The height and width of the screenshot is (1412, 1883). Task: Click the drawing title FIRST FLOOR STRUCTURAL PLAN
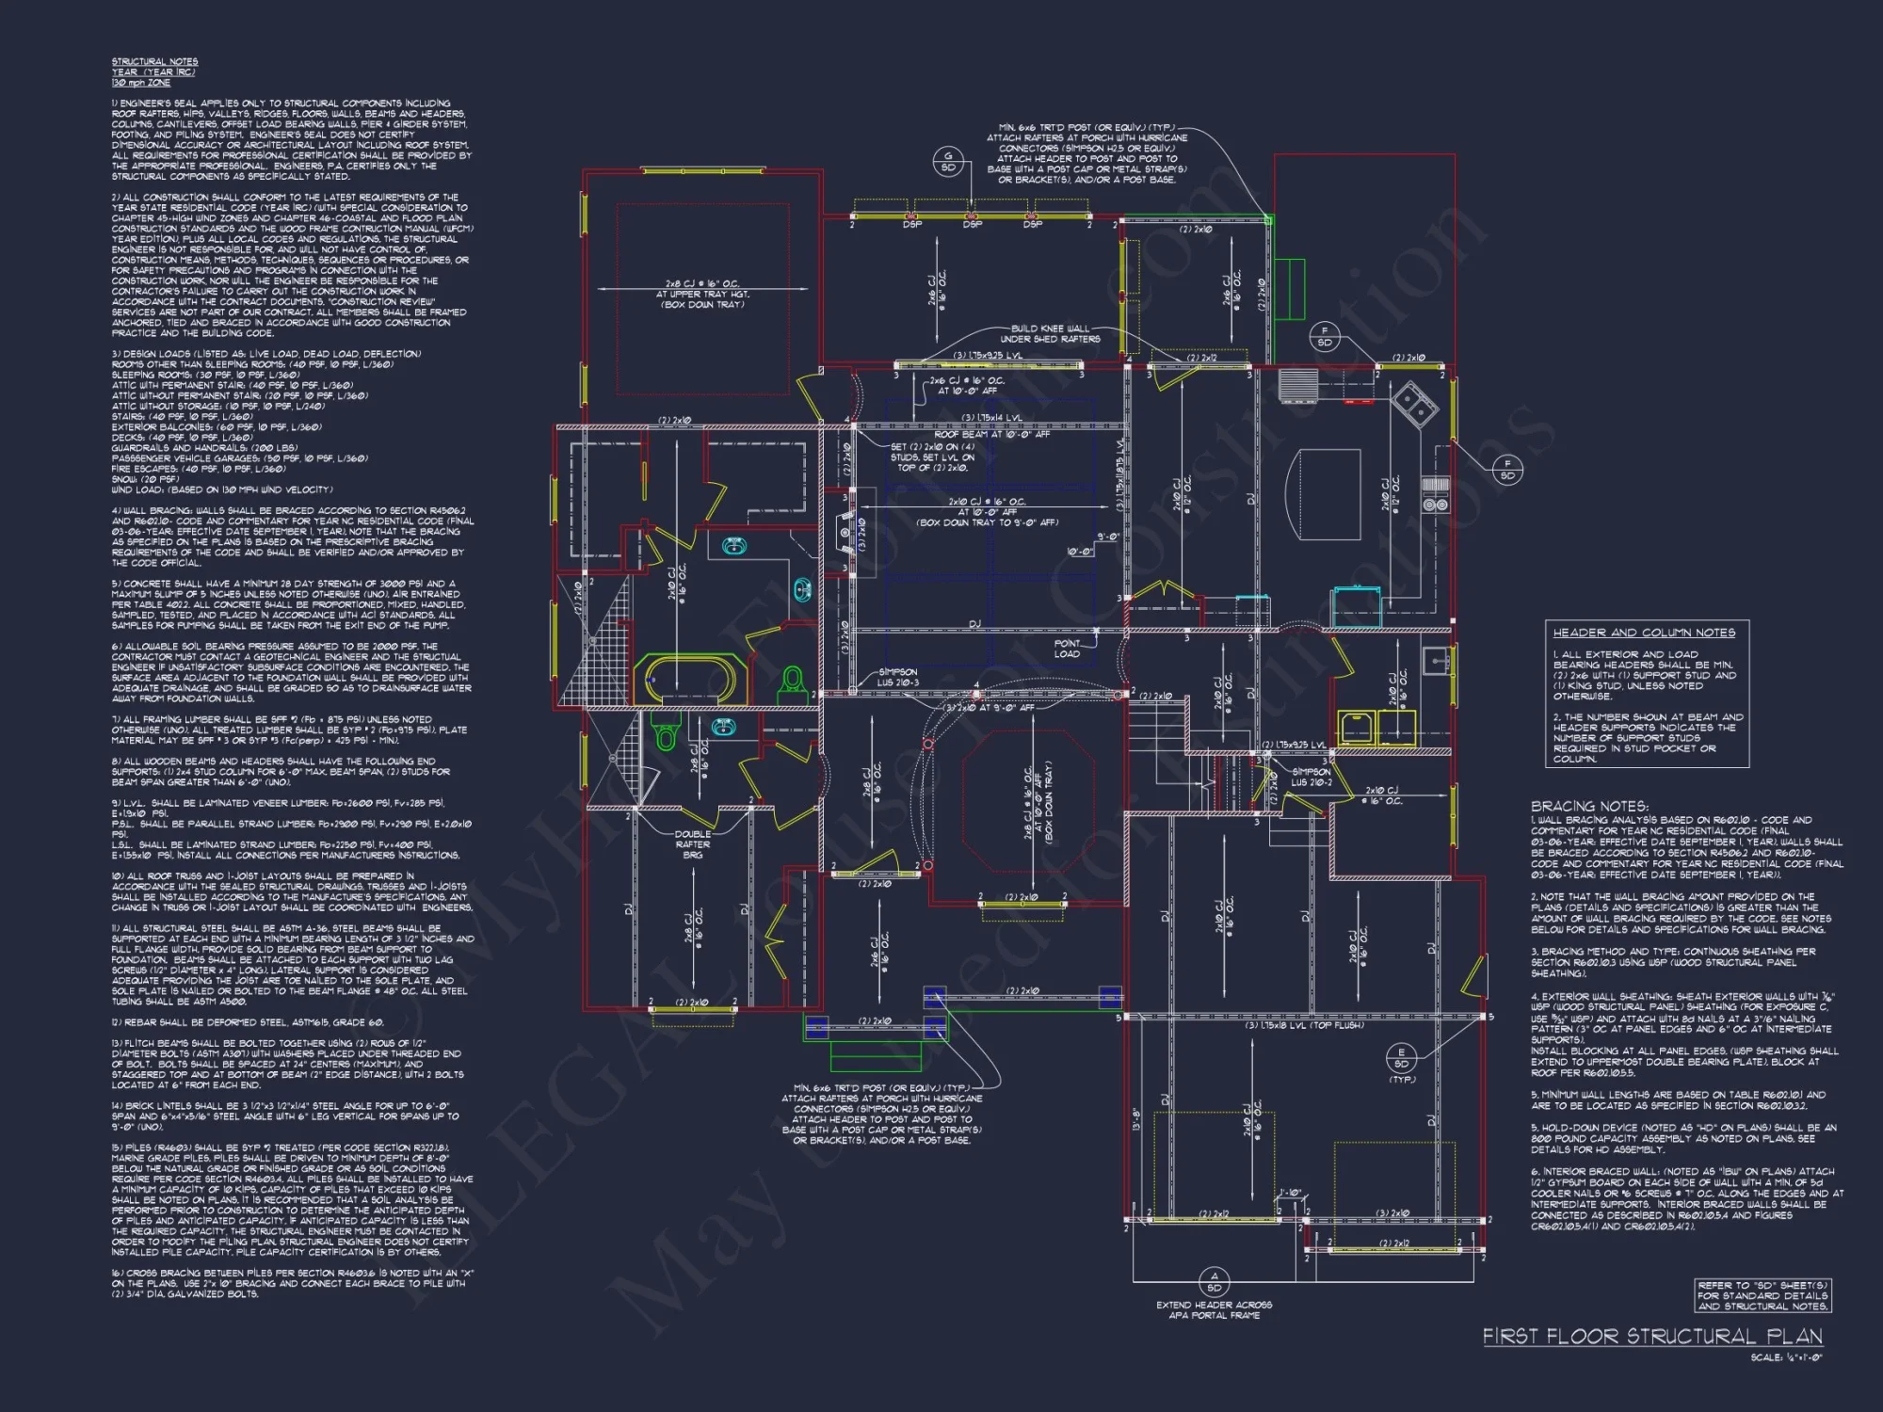[1652, 1337]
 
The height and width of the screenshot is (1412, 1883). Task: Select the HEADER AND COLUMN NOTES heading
[1644, 633]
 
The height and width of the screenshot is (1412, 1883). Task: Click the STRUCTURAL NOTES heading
[154, 62]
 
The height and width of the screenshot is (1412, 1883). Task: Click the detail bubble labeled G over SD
[948, 162]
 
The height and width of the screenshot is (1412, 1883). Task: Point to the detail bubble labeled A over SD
[1214, 1281]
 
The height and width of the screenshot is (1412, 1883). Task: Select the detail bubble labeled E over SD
[1402, 1058]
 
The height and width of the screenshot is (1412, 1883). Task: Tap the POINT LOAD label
[1067, 649]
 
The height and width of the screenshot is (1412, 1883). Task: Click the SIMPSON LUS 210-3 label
[898, 677]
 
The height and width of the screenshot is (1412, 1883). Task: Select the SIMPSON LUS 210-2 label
[1311, 777]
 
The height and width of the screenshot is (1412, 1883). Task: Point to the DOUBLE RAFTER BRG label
[693, 844]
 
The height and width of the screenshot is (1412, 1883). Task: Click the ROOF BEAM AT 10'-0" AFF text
[991, 435]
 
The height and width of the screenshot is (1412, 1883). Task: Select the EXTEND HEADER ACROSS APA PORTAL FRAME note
[1214, 1309]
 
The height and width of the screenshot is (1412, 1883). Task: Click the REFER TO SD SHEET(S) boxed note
[1762, 1295]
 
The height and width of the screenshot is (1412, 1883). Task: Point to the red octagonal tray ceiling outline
[1029, 804]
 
